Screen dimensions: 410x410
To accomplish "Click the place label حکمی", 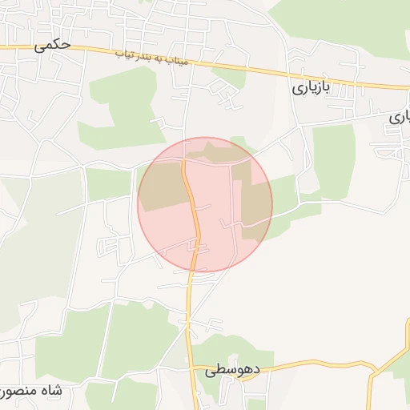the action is [53, 46].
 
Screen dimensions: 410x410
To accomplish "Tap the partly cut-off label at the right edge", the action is [400, 117].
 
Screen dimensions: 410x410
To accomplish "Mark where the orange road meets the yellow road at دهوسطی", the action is [192, 366].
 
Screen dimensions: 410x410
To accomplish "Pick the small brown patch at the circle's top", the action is [211, 153].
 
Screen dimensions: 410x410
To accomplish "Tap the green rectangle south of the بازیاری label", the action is [332, 160].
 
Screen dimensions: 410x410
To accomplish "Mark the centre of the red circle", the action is [205, 204].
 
